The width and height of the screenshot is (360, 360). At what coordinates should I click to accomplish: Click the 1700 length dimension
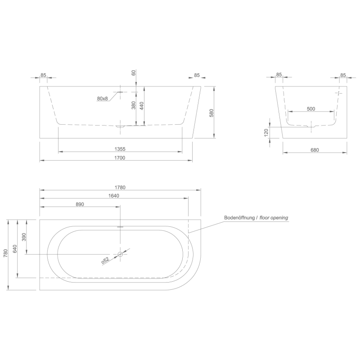tap(120, 158)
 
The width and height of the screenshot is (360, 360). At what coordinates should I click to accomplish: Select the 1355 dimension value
tap(120, 149)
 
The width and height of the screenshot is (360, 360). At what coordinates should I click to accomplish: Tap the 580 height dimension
tap(211, 113)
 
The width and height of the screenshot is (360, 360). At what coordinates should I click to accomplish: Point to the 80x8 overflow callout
tap(103, 99)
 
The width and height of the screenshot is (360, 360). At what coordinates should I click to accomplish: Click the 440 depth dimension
tap(142, 106)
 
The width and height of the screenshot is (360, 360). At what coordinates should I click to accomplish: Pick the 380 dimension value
tap(133, 105)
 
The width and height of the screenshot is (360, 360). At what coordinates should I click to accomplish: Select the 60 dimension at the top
tap(134, 73)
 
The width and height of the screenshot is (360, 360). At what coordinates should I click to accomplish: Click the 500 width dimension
tap(311, 108)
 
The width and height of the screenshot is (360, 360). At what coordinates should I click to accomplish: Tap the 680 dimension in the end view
tap(315, 150)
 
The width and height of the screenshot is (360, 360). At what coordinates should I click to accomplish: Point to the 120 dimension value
tap(266, 132)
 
